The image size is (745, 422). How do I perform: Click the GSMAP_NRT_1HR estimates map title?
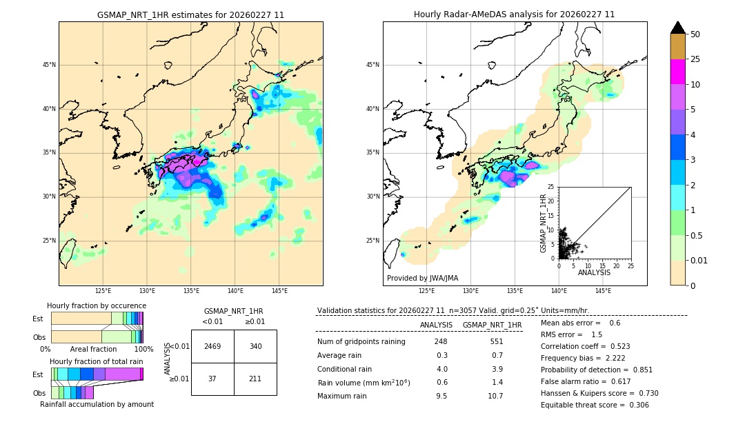(190, 14)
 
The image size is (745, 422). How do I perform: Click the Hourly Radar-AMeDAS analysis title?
(514, 14)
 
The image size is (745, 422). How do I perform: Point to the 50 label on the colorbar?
(695, 34)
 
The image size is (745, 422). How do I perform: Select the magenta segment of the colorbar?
(678, 72)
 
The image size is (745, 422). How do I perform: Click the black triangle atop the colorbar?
(678, 28)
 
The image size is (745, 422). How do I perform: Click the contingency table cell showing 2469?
(212, 346)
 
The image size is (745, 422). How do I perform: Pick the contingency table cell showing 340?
(255, 346)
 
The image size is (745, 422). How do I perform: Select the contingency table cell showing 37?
(212, 379)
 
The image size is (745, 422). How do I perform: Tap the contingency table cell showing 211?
(255, 379)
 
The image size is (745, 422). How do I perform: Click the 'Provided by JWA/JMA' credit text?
(422, 279)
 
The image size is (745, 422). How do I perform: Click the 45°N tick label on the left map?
(49, 65)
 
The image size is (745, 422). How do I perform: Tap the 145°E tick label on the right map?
(603, 292)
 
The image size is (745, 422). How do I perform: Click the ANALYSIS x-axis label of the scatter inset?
(594, 272)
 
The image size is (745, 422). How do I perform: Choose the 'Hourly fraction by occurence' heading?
(97, 305)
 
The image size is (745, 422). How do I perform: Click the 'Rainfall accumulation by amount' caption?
(97, 404)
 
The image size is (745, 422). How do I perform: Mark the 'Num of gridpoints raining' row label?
(361, 341)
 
